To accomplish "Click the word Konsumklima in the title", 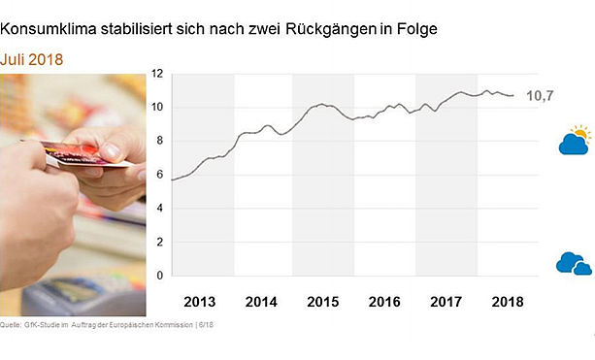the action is coord(49,29).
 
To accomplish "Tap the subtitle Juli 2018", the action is coord(31,59).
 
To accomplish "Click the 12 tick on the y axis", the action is coord(157,74).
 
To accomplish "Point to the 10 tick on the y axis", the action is coord(157,107).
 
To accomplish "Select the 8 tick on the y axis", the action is coord(160,141).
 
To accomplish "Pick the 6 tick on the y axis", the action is coord(160,174).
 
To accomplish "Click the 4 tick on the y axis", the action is coord(160,208).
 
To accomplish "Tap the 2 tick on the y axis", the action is coord(160,242).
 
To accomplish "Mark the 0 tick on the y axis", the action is coord(160,275).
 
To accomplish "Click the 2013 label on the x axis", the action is coord(200,302).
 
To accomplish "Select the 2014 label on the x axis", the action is coord(261,302).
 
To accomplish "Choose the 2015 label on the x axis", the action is coord(323,302).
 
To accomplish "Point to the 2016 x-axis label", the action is coord(384,302).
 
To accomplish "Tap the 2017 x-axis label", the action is coord(446,302).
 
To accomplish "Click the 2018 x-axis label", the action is coord(508,302).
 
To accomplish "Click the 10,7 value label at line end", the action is coord(540,96).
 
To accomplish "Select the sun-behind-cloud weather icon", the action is coord(575,140).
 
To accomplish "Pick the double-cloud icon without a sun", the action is coord(574,263).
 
